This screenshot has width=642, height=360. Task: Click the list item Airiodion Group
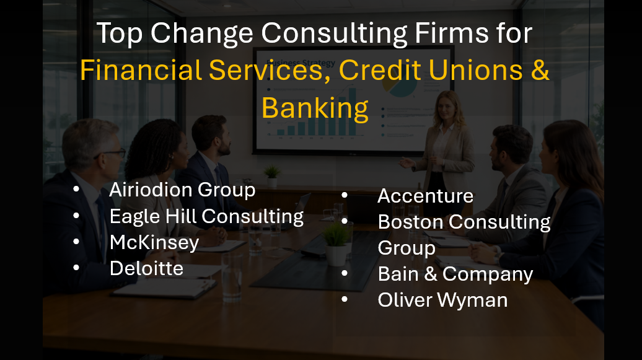pyautogui.click(x=182, y=190)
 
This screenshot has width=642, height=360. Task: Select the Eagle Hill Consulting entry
pyautogui.click(x=206, y=216)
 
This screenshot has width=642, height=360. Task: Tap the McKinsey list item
pyautogui.click(x=154, y=242)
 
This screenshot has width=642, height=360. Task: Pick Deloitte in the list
pyautogui.click(x=146, y=268)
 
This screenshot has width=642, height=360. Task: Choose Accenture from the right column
pyautogui.click(x=425, y=196)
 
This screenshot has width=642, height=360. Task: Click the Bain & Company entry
pyautogui.click(x=455, y=274)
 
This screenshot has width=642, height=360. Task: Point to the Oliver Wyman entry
pyautogui.click(x=442, y=300)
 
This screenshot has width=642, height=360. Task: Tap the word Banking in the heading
pyautogui.click(x=315, y=108)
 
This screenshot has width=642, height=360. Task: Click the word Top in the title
pyautogui.click(x=120, y=33)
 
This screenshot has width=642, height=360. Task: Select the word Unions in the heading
pyautogui.click(x=480, y=71)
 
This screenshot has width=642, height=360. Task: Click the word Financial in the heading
pyautogui.click(x=141, y=71)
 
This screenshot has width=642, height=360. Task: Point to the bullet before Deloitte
pyautogui.click(x=76, y=268)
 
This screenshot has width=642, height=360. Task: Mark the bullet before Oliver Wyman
pyautogui.click(x=345, y=300)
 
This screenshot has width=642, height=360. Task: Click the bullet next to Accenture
pyautogui.click(x=345, y=196)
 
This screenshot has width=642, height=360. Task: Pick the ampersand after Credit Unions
pyautogui.click(x=540, y=71)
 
